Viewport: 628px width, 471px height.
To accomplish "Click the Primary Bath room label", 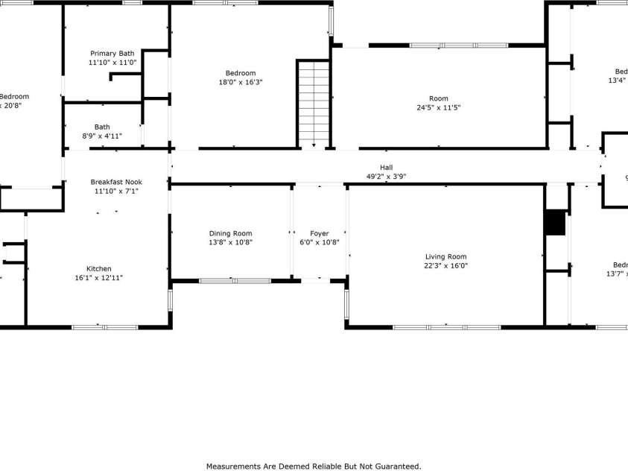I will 112,54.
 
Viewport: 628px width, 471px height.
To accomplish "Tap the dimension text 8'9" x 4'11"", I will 102,136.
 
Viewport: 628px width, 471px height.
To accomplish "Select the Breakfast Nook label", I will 116,182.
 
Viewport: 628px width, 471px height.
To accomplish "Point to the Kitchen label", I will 99,269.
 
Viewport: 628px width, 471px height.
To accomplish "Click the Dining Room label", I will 230,233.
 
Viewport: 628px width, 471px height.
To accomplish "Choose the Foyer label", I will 319,233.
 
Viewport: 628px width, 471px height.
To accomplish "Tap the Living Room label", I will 446,257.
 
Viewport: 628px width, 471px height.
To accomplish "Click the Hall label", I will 386,168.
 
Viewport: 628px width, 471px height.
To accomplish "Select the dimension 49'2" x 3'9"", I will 386,177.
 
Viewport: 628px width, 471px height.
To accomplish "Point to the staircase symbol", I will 314,103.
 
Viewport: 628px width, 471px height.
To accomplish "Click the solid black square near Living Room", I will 555,223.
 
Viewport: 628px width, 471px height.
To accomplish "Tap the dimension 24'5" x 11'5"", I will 439,107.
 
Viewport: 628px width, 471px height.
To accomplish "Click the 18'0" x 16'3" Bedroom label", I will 240,73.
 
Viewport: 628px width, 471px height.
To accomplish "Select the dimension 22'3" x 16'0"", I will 446,266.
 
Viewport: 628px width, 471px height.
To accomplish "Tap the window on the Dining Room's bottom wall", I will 235,281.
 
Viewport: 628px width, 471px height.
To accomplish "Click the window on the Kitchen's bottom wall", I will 104,326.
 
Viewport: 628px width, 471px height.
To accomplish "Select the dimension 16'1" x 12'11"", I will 99,278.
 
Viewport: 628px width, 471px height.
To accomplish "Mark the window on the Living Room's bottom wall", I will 446,326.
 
